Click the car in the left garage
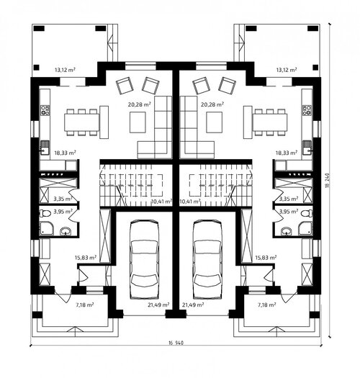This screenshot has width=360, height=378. coord(144,259)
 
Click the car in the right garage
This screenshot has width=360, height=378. coord(207,259)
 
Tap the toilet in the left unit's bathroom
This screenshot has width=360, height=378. coord(45,213)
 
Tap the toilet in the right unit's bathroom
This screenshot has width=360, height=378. coord(307,213)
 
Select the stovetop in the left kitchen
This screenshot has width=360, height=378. coord(45,109)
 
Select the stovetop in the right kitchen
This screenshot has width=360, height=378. coord(307,109)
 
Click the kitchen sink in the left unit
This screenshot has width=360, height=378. coord(45,148)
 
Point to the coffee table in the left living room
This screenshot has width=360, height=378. coord(138,122)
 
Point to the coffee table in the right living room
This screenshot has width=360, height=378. coord(214,122)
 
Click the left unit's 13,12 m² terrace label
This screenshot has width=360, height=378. coord(65,70)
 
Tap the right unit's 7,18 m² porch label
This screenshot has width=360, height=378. coord(267,305)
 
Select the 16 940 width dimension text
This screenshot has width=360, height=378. coord(176,343)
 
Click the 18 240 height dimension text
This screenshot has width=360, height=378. coord(328,180)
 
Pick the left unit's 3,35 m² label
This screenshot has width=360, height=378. coord(63,199)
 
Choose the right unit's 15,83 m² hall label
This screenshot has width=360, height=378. coord(266,258)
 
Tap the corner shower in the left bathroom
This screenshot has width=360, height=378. coord(45,228)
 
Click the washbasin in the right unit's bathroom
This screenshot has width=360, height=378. coord(287,231)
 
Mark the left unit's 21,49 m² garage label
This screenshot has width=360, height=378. coord(158,305)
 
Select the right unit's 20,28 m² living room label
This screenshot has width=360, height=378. coord(212,104)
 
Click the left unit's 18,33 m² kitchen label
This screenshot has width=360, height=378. coord(65,153)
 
